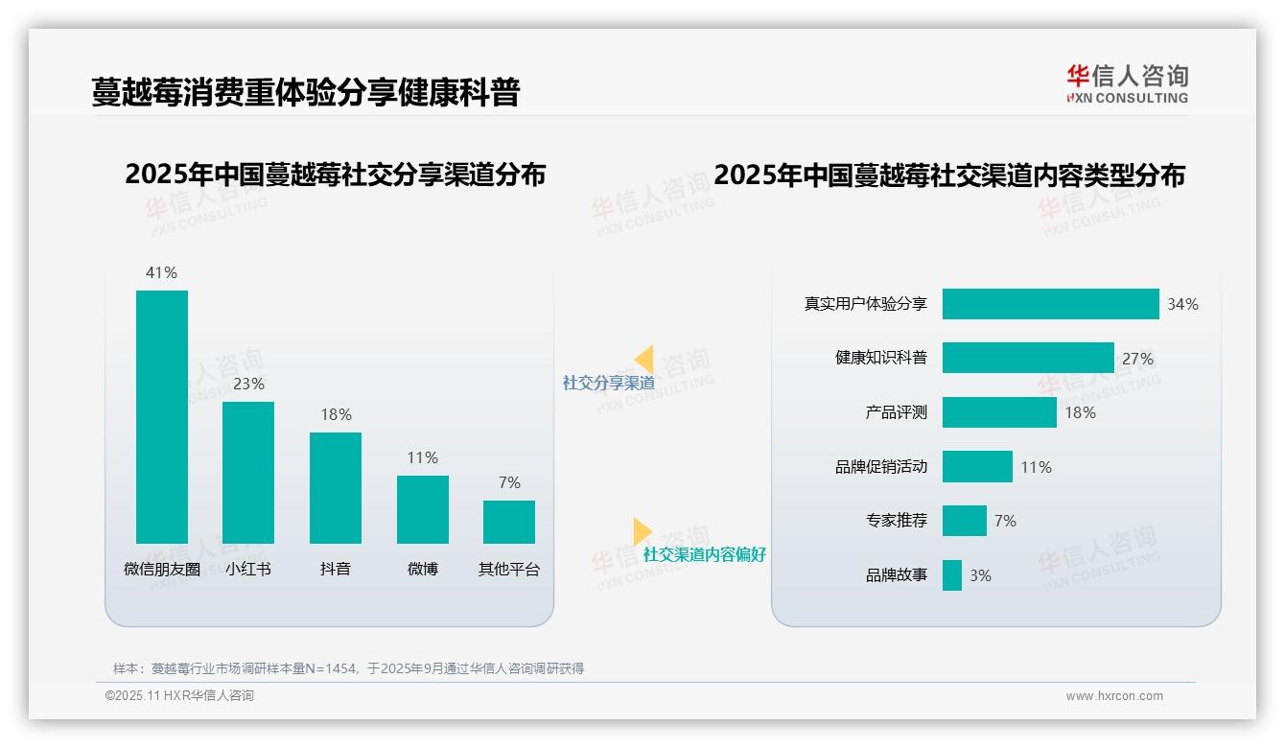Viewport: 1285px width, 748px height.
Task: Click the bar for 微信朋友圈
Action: click(x=162, y=416)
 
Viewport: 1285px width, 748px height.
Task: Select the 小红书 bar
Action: click(x=248, y=472)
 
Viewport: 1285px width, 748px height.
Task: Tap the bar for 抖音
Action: click(x=336, y=487)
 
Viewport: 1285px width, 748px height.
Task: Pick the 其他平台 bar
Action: click(x=509, y=522)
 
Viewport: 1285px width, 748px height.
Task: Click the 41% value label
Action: click(x=162, y=272)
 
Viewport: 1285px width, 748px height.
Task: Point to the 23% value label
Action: click(x=248, y=384)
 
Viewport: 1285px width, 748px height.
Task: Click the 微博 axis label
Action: click(x=423, y=569)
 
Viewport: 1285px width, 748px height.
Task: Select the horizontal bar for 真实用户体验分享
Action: click(x=1050, y=304)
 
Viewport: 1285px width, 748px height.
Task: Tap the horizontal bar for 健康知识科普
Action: click(x=1028, y=358)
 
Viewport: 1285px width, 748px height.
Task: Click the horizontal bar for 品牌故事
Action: click(x=951, y=575)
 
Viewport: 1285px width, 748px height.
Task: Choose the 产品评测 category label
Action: click(x=896, y=412)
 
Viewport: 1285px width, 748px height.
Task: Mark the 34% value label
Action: click(x=1182, y=304)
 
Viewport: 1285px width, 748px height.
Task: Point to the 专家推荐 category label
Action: click(x=896, y=521)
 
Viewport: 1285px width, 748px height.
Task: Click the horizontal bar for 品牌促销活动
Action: click(x=977, y=467)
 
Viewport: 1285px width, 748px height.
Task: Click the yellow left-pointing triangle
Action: click(x=644, y=360)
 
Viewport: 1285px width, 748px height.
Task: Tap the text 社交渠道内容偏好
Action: click(x=704, y=554)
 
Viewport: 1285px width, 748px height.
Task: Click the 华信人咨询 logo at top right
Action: click(x=1127, y=84)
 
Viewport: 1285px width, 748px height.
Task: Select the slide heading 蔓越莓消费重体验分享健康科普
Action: click(x=305, y=92)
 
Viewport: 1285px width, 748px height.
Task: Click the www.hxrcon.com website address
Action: click(x=1114, y=696)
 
